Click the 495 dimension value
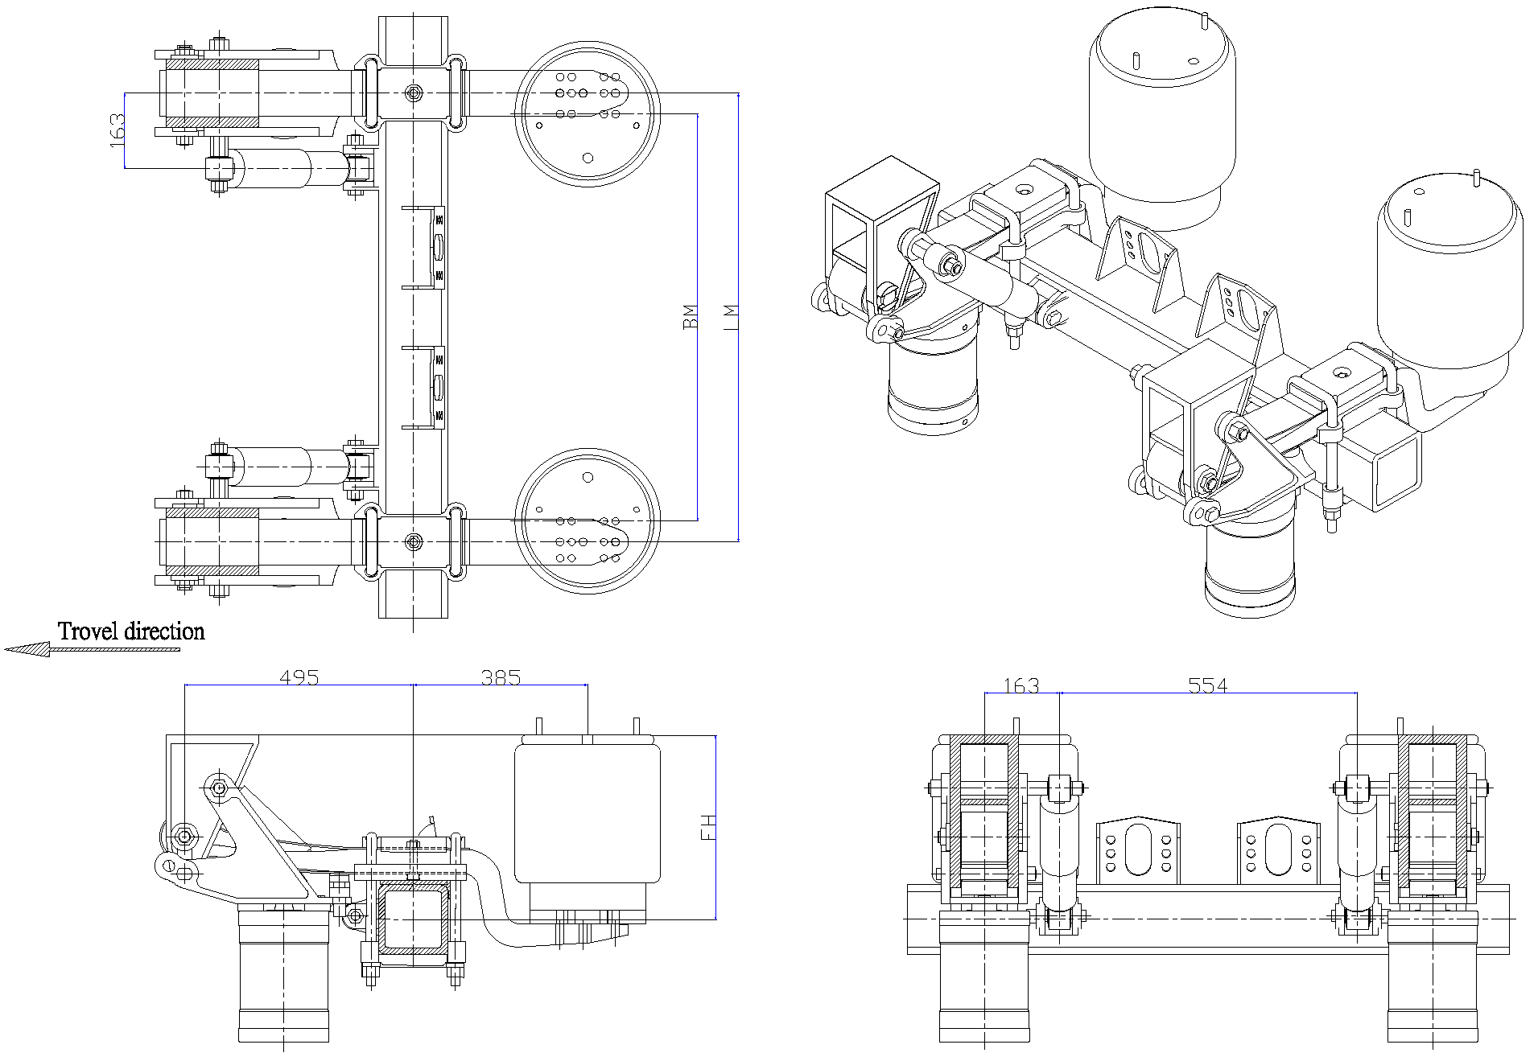(x=299, y=677)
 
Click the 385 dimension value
(x=501, y=677)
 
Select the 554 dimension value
(x=1208, y=685)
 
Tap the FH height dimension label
(x=707, y=827)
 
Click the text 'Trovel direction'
(x=131, y=631)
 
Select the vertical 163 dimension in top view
(x=117, y=130)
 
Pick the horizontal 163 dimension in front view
(x=1021, y=685)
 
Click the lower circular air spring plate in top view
(x=588, y=521)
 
